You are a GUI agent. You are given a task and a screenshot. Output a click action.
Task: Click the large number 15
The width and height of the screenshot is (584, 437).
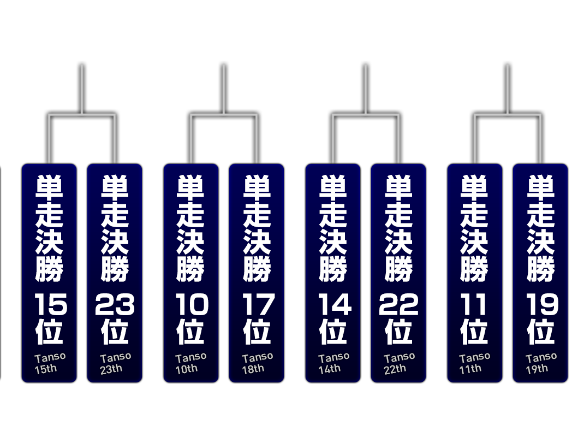point(51,304)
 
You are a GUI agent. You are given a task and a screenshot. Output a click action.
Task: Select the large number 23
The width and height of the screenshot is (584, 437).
point(115,304)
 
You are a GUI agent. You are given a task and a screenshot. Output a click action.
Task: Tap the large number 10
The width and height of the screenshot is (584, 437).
point(192,304)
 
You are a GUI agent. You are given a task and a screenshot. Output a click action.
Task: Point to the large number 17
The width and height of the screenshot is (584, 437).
point(259,304)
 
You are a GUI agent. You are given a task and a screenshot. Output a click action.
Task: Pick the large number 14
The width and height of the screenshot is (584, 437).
point(335,304)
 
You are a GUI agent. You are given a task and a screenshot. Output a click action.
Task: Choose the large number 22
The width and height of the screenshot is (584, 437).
point(398,304)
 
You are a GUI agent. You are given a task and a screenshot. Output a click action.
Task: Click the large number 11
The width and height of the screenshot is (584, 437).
point(473,304)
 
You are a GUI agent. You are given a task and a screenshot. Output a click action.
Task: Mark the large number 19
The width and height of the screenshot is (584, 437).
point(543,304)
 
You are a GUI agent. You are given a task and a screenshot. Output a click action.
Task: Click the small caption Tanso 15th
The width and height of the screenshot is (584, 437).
point(50,363)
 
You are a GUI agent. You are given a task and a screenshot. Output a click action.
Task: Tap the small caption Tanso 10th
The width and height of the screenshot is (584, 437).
point(190,363)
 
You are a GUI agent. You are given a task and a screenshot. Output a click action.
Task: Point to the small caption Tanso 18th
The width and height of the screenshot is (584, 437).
point(258,363)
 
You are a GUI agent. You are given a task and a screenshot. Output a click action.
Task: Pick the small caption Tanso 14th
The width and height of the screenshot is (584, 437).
point(333,363)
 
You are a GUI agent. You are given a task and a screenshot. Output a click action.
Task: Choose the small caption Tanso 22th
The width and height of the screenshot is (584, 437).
point(400,363)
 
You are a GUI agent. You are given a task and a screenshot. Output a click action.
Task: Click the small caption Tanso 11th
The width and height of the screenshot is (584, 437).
point(474,363)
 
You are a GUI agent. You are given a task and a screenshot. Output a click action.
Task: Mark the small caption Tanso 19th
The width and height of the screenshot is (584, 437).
point(541,363)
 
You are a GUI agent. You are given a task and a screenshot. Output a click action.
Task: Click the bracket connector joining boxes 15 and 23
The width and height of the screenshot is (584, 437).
point(81,115)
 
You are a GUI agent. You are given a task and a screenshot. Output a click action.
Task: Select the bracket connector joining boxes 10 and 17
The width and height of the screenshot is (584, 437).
point(223,115)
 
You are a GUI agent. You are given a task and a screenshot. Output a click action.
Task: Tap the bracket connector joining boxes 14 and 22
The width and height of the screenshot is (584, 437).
point(365,115)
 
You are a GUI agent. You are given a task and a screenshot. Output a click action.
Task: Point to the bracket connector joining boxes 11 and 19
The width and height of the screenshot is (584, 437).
point(507,115)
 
